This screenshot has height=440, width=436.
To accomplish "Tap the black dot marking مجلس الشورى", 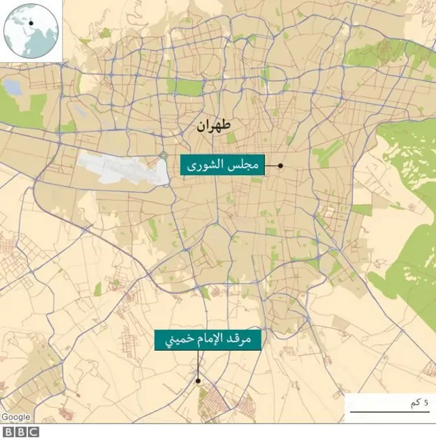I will (280, 166).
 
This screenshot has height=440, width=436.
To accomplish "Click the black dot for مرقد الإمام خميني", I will (198, 381).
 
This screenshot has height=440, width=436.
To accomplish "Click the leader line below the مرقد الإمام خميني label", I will (198, 364).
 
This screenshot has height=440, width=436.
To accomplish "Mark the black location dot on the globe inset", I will (31, 23).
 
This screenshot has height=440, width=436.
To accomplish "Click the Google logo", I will (16, 417).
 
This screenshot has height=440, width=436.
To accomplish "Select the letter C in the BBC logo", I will (33, 432).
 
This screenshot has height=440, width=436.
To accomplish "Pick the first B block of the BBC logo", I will (10, 432).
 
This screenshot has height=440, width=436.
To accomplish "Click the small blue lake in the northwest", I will (12, 87).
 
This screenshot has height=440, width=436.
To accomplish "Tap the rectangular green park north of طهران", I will (189, 87).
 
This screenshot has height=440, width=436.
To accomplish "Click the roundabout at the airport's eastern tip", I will (163, 155).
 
